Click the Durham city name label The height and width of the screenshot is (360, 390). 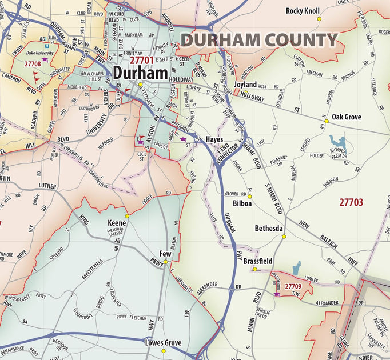[x=140, y=73]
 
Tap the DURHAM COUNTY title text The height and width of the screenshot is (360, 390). [x=260, y=40]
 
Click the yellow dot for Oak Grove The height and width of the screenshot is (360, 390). [x=327, y=121]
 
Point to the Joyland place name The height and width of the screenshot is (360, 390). [x=245, y=85]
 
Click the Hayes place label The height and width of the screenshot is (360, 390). [x=214, y=139]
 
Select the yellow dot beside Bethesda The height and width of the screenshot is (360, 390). [x=284, y=236]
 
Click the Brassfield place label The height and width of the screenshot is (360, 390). [x=258, y=261]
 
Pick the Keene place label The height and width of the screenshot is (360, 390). [x=117, y=223]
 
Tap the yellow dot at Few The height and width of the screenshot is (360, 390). [x=166, y=262]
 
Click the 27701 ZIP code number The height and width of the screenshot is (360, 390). [x=141, y=59]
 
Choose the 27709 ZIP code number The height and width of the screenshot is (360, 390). [x=293, y=286]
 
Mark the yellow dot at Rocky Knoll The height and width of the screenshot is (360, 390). [x=320, y=19]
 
